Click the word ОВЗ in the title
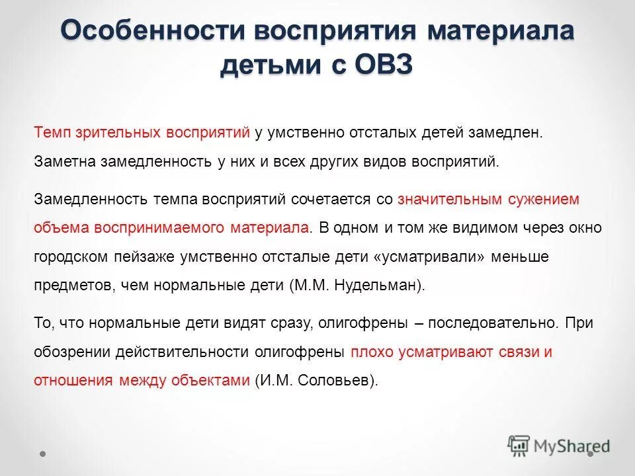pos(376,66)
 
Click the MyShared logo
pos(558,446)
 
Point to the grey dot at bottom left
pos(43,454)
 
